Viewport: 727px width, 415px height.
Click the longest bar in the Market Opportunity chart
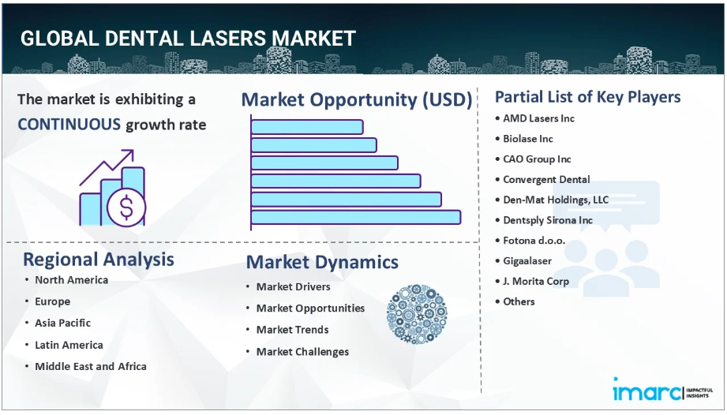point(356,217)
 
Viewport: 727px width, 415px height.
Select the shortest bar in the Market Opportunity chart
point(307,127)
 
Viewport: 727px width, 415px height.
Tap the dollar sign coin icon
point(126,207)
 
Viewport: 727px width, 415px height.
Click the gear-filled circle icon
point(417,314)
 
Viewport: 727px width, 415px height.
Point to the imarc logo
point(662,390)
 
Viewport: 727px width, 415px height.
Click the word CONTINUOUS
point(69,125)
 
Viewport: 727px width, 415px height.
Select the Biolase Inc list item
point(528,139)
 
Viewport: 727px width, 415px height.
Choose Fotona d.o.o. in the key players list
point(534,241)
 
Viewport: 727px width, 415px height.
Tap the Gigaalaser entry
point(527,261)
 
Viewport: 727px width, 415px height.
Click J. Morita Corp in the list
point(536,281)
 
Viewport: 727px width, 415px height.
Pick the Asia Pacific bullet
point(62,323)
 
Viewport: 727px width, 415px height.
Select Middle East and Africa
point(91,366)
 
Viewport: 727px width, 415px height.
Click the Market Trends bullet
point(293,330)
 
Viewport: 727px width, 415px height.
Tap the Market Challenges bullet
point(303,352)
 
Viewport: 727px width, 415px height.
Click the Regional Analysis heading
point(99,260)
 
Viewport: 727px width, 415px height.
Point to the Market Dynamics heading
point(322,262)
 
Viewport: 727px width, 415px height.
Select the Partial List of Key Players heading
point(588,97)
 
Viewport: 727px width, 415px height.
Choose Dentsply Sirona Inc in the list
point(548,220)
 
